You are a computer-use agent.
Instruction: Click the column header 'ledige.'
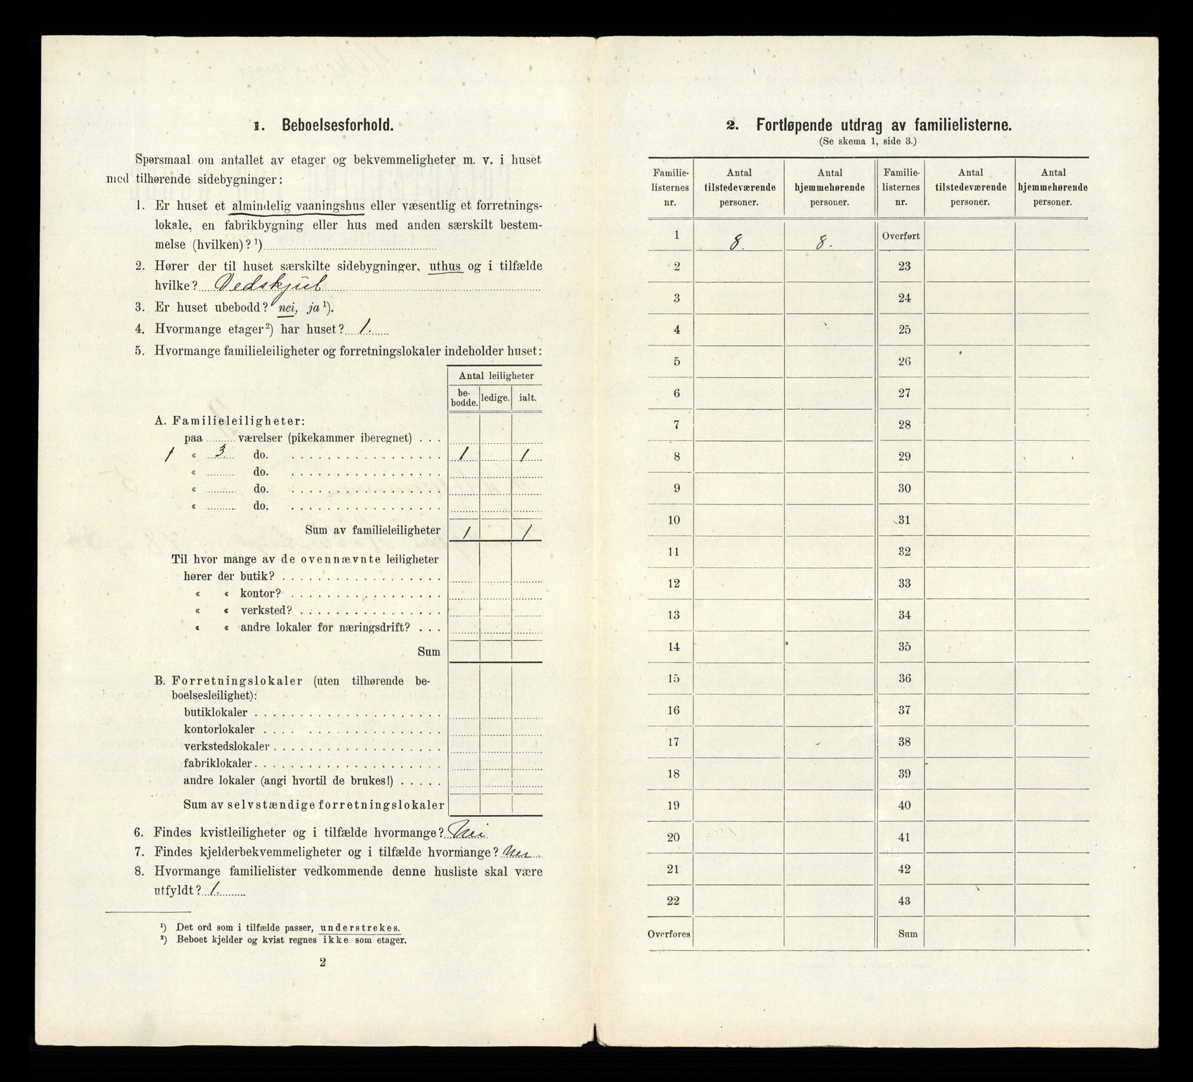click(x=495, y=397)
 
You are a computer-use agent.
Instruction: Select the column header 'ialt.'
click(x=527, y=397)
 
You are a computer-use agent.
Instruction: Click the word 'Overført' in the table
click(x=901, y=236)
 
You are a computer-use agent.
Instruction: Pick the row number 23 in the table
click(x=905, y=266)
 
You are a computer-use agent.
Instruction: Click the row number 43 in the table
click(x=905, y=901)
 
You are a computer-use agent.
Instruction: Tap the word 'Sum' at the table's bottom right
click(x=908, y=933)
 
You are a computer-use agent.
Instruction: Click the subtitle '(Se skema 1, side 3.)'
click(x=868, y=142)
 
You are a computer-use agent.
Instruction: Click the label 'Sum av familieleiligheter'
click(x=373, y=530)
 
